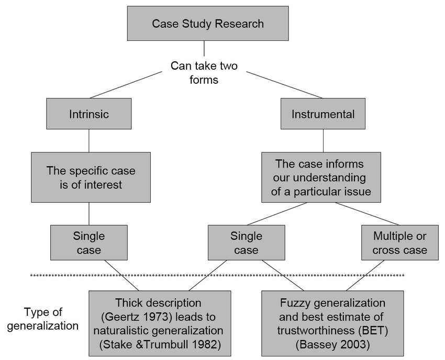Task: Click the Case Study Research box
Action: click(208, 24)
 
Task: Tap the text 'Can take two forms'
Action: click(204, 73)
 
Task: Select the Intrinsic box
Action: click(88, 114)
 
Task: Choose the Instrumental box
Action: click(323, 114)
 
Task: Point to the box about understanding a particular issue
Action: click(321, 178)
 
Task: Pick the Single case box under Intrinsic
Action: click(89, 243)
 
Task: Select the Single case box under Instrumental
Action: click(246, 243)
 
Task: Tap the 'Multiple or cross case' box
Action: click(399, 243)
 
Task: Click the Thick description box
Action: click(159, 323)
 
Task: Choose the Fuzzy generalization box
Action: click(332, 323)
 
